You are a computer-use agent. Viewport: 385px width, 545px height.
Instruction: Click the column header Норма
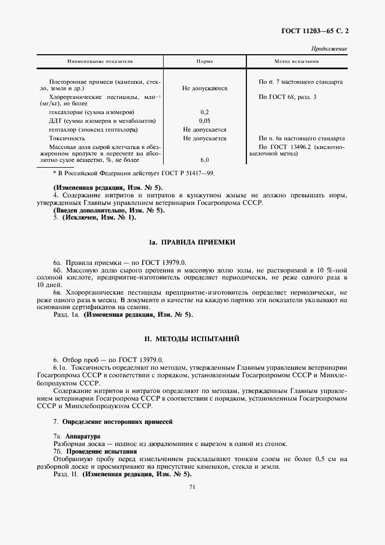(204, 61)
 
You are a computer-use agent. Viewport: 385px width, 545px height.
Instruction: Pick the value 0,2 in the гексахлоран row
(204, 111)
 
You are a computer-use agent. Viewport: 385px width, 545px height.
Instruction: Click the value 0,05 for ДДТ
(204, 121)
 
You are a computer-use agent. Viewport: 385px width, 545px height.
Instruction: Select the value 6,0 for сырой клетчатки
(204, 160)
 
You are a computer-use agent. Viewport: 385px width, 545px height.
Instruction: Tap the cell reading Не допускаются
(204, 89)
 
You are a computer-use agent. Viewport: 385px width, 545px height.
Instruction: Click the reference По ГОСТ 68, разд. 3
(287, 96)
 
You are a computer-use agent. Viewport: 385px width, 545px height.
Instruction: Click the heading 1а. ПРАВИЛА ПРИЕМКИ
(192, 242)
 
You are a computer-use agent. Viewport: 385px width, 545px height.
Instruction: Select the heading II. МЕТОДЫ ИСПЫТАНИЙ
(192, 338)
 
